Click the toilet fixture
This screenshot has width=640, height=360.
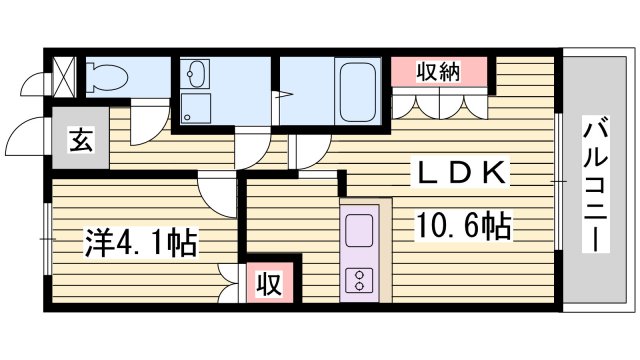coord(105,76)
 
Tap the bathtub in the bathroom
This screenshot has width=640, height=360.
coord(358,92)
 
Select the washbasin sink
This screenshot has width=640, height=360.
coord(195,74)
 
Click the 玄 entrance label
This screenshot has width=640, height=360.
coord(81,141)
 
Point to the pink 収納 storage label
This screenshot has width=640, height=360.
coord(438,71)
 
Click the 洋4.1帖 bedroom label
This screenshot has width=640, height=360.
coord(139,241)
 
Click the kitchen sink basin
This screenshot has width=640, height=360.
coord(358,234)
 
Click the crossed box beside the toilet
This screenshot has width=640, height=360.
coord(63,76)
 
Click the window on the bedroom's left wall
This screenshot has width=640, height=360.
coord(46,238)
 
